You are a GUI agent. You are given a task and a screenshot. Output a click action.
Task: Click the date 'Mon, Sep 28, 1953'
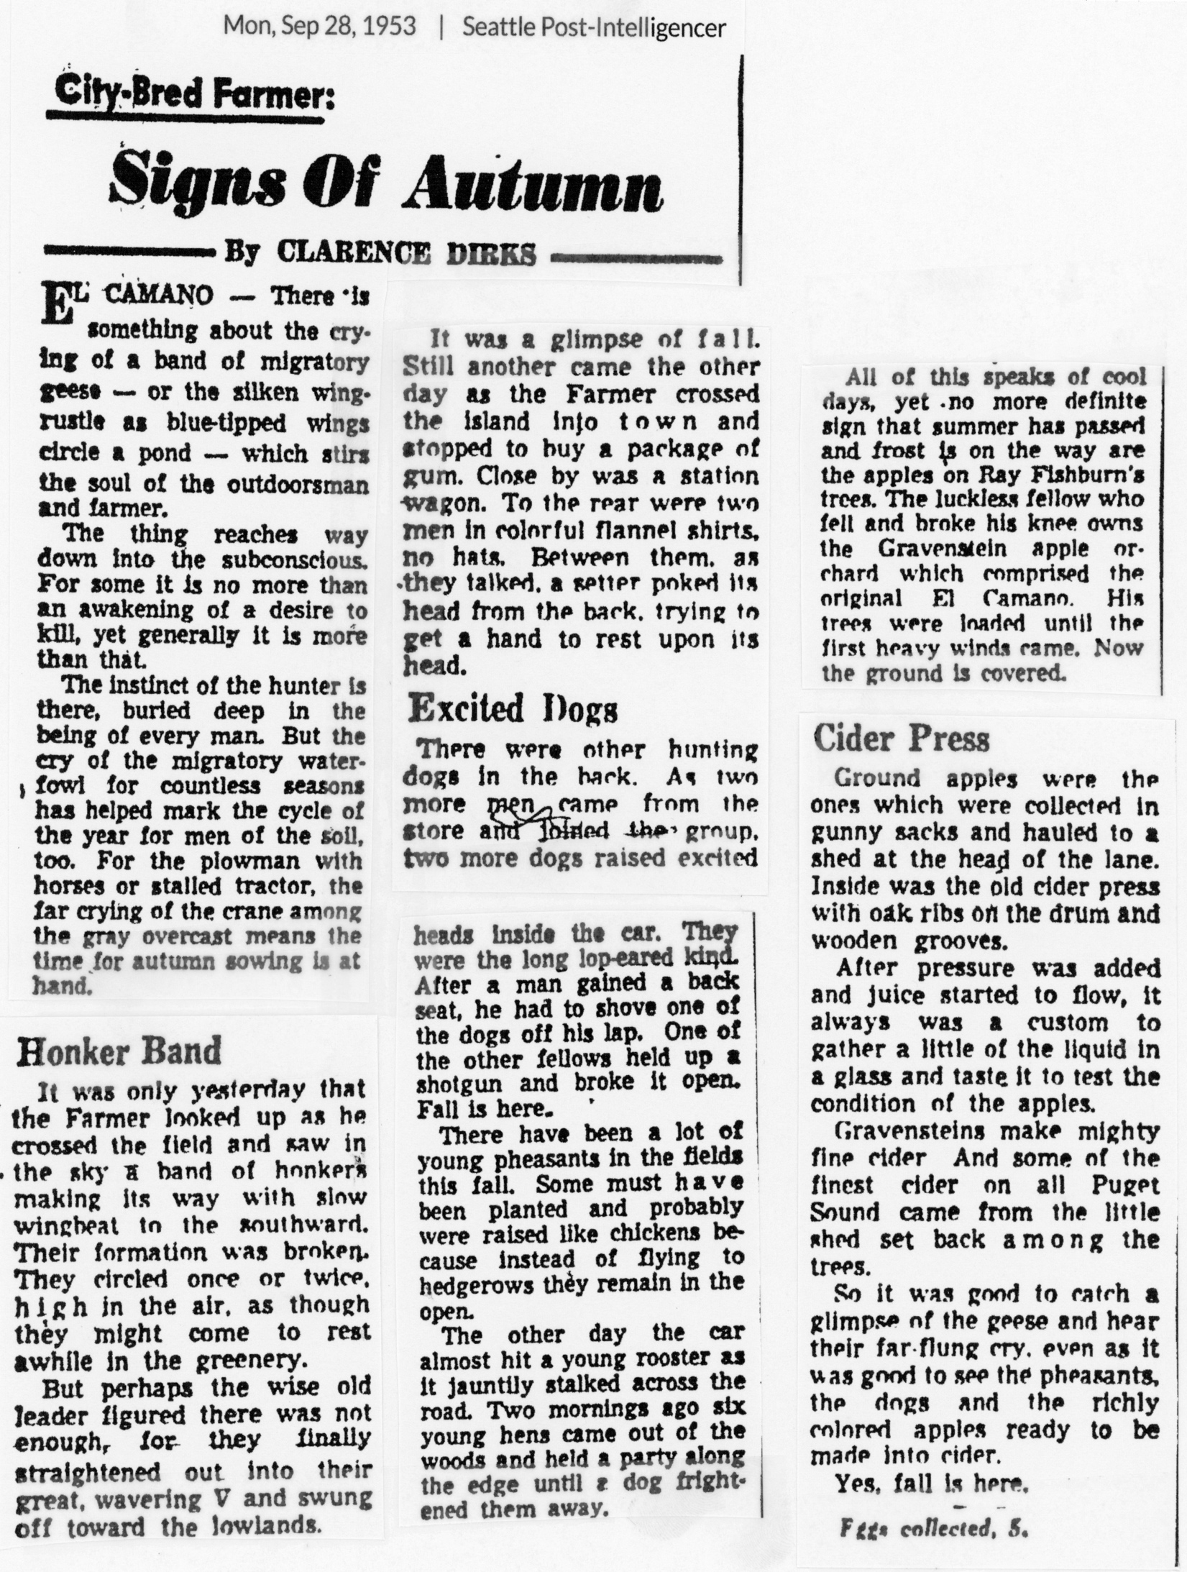(320, 27)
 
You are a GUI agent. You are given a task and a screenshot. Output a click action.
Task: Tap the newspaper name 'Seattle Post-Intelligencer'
(594, 27)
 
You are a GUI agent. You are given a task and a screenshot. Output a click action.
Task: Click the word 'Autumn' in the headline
(534, 184)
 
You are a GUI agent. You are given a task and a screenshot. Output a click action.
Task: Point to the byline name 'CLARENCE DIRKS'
(406, 254)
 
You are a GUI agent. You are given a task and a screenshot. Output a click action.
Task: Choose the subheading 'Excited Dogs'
(513, 710)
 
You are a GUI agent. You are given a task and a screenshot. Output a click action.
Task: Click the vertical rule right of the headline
(741, 173)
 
